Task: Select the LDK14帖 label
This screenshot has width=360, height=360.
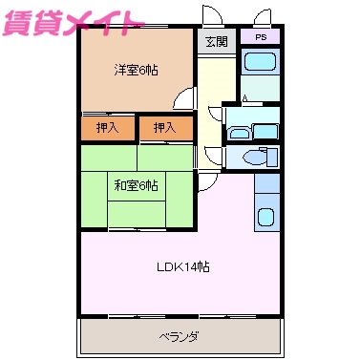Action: point(182,266)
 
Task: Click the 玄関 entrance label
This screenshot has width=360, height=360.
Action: point(215,42)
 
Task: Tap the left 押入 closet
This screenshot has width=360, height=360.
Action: point(108,127)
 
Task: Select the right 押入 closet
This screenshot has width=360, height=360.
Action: point(164,127)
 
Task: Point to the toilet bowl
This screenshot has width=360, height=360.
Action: point(257,158)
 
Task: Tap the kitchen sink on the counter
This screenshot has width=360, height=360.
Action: point(266,216)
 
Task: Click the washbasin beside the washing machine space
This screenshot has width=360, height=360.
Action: point(237,133)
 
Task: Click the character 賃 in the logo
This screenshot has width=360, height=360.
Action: point(17,22)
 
